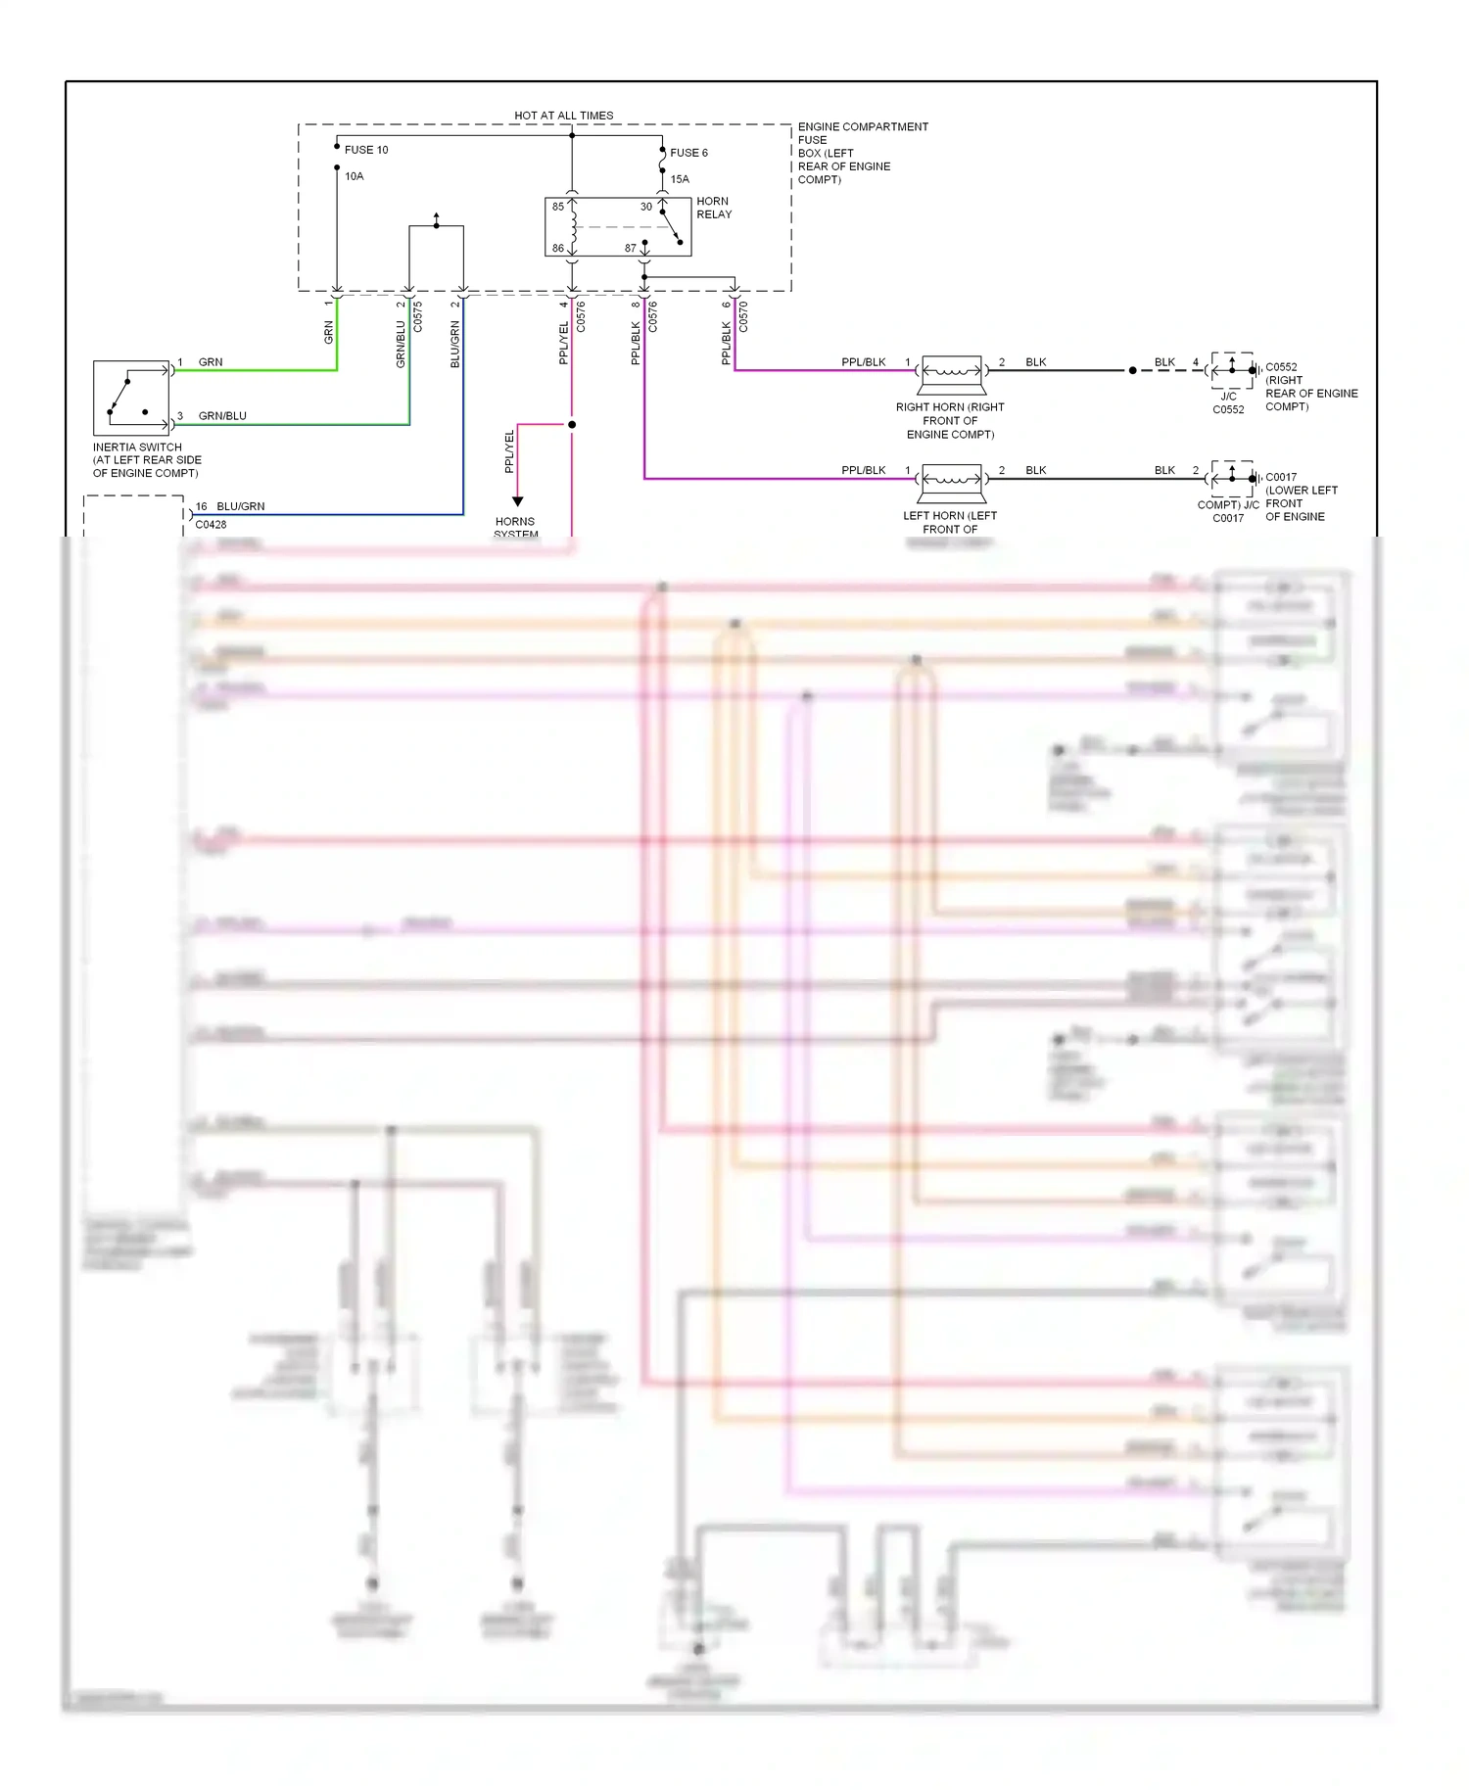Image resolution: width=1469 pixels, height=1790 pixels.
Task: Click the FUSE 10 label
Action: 365,150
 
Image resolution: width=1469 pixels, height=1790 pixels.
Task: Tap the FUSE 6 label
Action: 688,153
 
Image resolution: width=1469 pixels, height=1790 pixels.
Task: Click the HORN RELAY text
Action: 714,208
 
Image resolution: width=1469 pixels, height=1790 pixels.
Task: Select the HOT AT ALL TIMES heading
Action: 563,116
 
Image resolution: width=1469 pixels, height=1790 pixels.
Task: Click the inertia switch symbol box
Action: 131,398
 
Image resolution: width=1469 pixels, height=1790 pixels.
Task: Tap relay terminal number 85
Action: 558,207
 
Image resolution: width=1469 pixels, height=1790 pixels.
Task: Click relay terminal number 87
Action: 631,248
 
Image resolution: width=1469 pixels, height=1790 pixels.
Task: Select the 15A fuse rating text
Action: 680,179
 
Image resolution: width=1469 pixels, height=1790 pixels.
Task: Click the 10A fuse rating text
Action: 354,176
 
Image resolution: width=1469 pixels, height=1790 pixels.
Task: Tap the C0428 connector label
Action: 211,525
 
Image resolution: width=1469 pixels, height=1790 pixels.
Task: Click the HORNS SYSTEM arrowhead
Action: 518,501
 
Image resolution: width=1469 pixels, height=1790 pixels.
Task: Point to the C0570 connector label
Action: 743,316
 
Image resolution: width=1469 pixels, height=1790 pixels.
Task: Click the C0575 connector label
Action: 418,316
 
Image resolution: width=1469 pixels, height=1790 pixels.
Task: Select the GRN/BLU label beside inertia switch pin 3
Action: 222,416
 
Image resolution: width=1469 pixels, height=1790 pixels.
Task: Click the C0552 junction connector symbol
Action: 1232,370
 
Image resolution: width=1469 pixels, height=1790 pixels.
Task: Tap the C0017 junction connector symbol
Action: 1232,479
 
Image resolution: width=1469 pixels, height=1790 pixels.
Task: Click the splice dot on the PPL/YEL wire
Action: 572,425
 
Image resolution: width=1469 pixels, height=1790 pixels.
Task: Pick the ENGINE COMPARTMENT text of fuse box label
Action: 863,127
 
